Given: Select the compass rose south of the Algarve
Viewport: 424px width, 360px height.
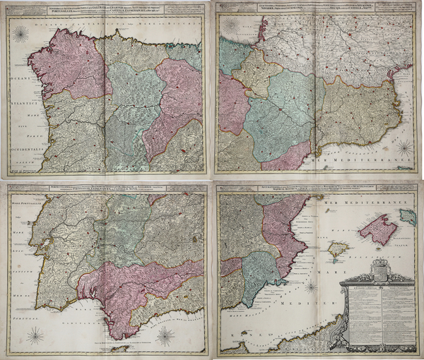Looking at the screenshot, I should pyautogui.click(x=35, y=335).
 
